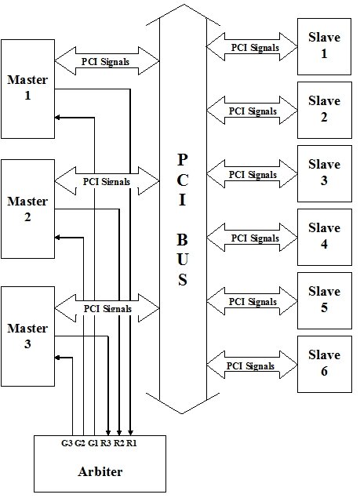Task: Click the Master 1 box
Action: tap(28, 87)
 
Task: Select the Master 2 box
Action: tap(28, 209)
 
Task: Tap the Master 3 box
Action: tap(28, 335)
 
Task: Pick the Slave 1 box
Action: tap(324, 45)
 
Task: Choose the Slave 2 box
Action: tap(324, 109)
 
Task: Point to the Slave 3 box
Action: tap(324, 173)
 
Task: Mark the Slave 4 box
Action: tap(324, 236)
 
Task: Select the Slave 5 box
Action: tap(324, 300)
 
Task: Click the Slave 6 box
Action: tap(324, 363)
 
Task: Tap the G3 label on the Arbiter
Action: tap(67, 444)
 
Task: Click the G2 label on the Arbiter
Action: tap(80, 444)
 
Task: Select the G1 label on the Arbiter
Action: tap(93, 444)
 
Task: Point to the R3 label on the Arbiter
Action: tap(107, 444)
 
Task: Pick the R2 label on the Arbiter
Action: tap(119, 444)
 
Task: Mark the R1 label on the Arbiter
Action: tap(132, 444)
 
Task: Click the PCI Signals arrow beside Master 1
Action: tap(106, 60)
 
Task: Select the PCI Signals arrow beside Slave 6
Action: tap(253, 365)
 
